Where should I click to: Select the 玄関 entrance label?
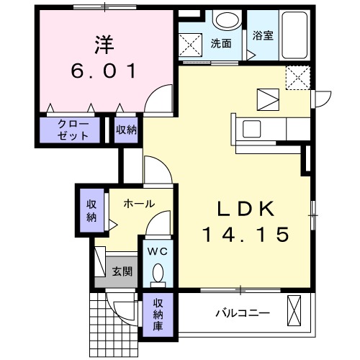pyautogui.click(x=122, y=271)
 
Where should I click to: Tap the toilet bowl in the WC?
pyautogui.click(x=158, y=274)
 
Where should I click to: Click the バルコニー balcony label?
pyautogui.click(x=243, y=313)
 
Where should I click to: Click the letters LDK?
pyautogui.click(x=246, y=209)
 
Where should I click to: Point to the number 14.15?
pyautogui.click(x=246, y=234)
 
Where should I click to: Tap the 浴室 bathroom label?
pyautogui.click(x=262, y=35)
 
